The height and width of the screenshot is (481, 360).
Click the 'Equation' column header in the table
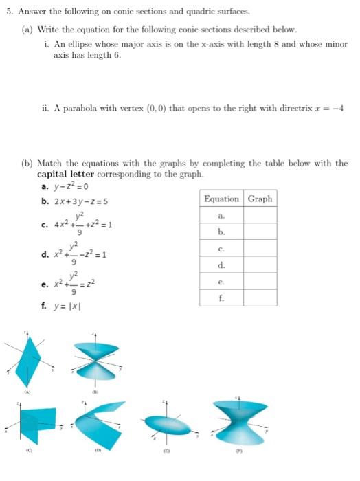coord(222,199)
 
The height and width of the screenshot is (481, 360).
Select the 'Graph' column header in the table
coord(260,199)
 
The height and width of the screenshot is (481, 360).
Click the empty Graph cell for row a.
coord(260,215)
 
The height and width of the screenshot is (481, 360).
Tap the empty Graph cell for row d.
coord(260,265)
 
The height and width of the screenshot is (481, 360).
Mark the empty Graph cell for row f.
coord(260,298)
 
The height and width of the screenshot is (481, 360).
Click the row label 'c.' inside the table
coord(221,248)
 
